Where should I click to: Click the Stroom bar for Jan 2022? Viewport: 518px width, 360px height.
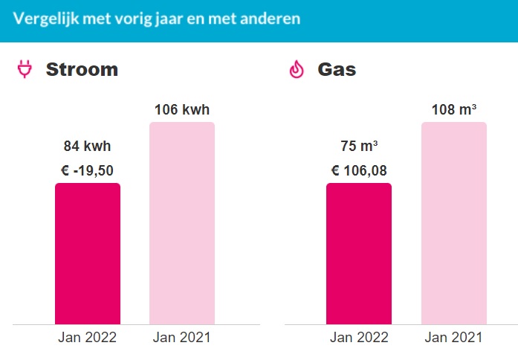pyautogui.click(x=88, y=253)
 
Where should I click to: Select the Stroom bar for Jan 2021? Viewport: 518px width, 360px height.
pyautogui.click(x=182, y=223)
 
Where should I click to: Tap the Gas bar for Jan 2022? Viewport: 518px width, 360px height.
pyautogui.click(x=359, y=253)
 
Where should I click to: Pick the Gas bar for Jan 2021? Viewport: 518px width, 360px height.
pyautogui.click(x=454, y=223)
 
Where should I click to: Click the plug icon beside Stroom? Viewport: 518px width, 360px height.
pyautogui.click(x=25, y=70)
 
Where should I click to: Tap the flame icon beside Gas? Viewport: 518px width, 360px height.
pyautogui.click(x=297, y=70)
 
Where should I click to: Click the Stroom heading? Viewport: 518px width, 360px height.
pyautogui.click(x=82, y=70)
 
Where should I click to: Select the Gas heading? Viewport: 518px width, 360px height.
pyautogui.click(x=337, y=70)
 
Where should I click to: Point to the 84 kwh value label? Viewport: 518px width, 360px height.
pyautogui.click(x=87, y=146)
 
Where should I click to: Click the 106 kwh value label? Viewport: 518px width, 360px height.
pyautogui.click(x=182, y=110)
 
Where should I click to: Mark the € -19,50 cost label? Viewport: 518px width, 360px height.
pyautogui.click(x=87, y=171)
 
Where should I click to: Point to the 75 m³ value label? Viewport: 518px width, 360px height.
pyautogui.click(x=359, y=146)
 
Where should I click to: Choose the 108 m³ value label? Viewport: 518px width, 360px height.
pyautogui.click(x=454, y=110)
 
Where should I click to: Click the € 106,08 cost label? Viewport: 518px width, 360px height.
pyautogui.click(x=359, y=171)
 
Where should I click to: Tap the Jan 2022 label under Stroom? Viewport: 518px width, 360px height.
pyautogui.click(x=87, y=337)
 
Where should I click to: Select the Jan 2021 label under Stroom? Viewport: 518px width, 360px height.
pyautogui.click(x=182, y=337)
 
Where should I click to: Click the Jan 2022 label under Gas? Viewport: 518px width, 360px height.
pyautogui.click(x=359, y=337)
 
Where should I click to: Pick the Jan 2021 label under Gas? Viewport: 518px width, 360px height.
pyautogui.click(x=454, y=337)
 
